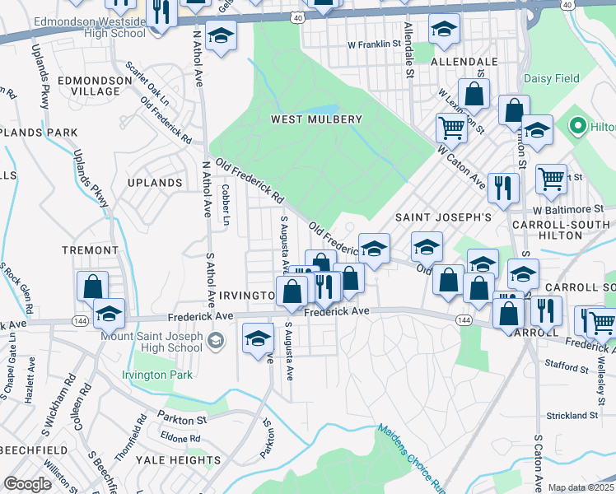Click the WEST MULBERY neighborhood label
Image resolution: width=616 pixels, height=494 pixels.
coord(317,119)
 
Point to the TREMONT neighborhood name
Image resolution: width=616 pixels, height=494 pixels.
coord(90,249)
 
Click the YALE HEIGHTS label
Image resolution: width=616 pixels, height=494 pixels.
coord(178,459)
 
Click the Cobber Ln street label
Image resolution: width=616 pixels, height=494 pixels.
coord(224,203)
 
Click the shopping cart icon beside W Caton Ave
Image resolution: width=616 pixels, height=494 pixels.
coord(451,127)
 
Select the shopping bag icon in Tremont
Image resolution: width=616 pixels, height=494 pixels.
coord(92,286)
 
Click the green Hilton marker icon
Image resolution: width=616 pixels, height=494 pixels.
coord(577,127)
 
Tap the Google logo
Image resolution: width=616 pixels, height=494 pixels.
coord(27,484)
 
